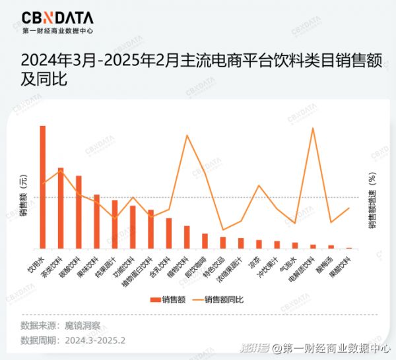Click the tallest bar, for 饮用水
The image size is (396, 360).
click(43, 187)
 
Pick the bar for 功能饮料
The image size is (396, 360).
click(133, 227)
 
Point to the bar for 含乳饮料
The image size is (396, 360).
click(168, 233)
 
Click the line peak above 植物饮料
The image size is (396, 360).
click(187, 135)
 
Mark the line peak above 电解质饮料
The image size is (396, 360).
click(312, 128)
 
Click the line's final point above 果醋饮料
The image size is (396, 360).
click(348, 208)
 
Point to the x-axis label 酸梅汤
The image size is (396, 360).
click(323, 260)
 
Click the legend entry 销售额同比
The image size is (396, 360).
click(224, 300)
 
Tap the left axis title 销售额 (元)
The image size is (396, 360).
click(23, 196)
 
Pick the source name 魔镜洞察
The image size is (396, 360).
click(82, 326)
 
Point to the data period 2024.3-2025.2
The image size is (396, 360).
click(95, 340)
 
